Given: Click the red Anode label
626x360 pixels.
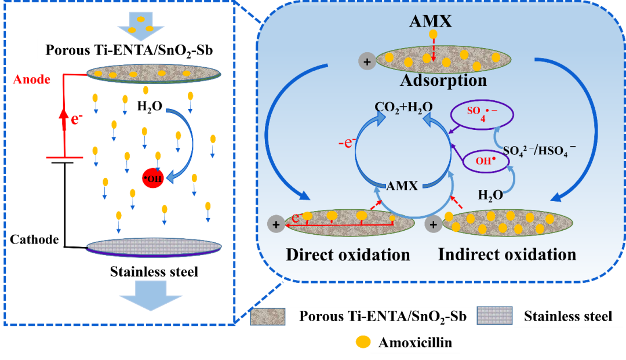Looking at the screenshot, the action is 32,79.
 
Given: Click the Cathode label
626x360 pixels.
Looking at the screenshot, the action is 34,239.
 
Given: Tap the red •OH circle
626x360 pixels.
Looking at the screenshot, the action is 153,178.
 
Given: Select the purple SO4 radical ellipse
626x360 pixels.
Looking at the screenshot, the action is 482,115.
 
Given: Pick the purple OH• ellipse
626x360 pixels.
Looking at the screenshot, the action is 486,161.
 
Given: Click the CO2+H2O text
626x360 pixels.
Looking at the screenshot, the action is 403,107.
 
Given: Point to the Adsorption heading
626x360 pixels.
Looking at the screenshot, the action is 443,80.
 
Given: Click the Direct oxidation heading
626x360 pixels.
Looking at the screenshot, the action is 348,254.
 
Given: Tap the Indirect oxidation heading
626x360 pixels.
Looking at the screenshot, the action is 507,254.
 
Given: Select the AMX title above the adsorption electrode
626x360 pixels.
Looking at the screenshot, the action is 430,21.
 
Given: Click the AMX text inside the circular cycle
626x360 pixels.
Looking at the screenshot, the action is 402,186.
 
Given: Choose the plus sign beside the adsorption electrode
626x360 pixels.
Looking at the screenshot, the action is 367,62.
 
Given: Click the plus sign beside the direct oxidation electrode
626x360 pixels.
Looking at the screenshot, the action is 276,224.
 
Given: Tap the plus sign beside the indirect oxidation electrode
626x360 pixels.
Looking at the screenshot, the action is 433,224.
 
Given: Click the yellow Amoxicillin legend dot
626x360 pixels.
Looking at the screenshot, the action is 363,342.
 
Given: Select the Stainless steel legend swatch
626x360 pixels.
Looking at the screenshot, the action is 494,316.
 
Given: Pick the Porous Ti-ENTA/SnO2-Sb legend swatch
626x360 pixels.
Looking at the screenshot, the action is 267,317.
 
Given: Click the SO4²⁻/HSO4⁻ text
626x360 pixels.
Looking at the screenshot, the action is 540,151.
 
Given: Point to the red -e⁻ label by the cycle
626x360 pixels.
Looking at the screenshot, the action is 347,142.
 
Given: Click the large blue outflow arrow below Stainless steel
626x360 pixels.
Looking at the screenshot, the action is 151,296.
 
